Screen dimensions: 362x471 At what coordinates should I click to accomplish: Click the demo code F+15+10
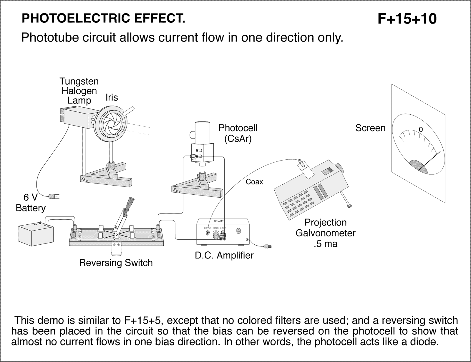[407, 19]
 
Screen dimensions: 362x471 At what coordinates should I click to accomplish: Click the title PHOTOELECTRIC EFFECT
[103, 19]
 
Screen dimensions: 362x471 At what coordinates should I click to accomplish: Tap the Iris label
[112, 97]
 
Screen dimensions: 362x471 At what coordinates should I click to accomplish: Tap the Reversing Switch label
[116, 263]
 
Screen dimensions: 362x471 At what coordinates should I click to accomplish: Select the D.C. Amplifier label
[224, 255]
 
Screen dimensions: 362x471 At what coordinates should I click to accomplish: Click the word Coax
[254, 182]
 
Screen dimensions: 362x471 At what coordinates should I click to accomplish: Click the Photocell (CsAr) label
[238, 133]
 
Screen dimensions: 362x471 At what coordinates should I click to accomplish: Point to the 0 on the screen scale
[421, 129]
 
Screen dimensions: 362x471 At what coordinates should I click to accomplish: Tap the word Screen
[370, 128]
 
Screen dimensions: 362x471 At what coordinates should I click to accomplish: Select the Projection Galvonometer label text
[325, 233]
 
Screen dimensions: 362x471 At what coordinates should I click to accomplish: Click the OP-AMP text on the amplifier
[219, 221]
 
